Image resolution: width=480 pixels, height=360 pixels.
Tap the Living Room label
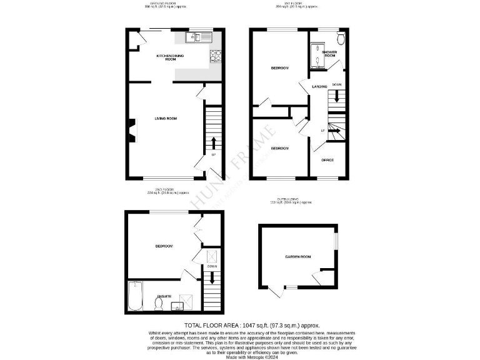(x=166, y=118)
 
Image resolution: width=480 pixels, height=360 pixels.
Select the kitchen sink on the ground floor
(x=199, y=38)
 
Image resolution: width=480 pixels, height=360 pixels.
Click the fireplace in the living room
(x=132, y=131)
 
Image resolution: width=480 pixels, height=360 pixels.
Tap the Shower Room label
(x=329, y=54)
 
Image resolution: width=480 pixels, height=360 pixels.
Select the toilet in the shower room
(x=340, y=37)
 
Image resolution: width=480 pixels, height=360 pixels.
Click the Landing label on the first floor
(x=319, y=86)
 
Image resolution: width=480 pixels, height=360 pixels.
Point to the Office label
(x=327, y=160)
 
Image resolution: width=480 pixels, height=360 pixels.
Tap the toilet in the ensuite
(x=159, y=304)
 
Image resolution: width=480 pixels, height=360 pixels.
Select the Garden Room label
(x=297, y=256)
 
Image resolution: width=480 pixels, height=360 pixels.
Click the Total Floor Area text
(x=252, y=326)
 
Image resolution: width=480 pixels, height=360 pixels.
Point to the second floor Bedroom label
(x=164, y=246)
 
